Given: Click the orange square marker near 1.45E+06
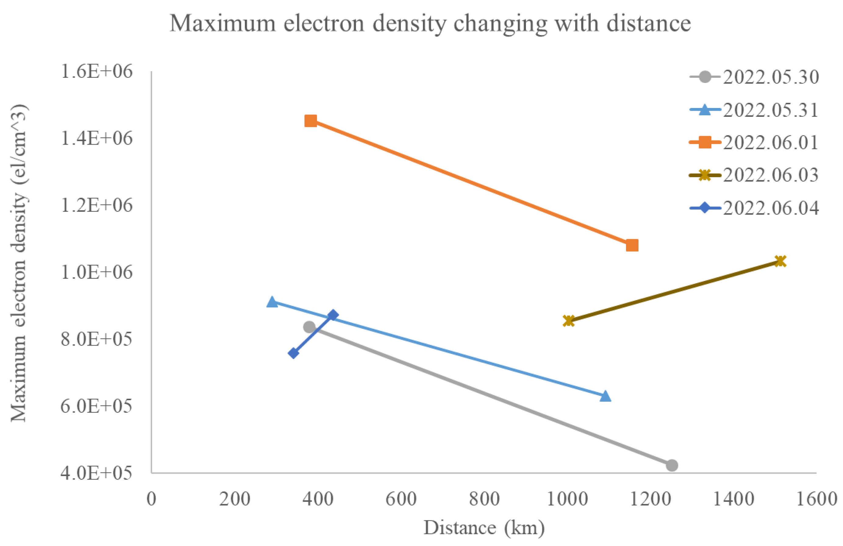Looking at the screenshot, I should click(x=311, y=121).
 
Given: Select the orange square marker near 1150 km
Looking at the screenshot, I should click(x=632, y=245).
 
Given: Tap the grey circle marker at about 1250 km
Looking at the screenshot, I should click(x=672, y=465).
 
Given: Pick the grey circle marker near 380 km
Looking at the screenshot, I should click(x=309, y=327).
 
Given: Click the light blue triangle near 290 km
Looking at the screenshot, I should click(x=272, y=302).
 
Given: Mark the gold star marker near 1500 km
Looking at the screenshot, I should click(x=780, y=261).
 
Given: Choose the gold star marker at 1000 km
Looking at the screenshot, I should click(x=569, y=321).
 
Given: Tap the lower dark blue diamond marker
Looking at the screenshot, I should click(x=293, y=353).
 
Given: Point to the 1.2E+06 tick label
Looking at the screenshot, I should click(x=97, y=205).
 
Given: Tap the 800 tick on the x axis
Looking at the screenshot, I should click(x=484, y=499).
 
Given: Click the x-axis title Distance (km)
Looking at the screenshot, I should click(x=484, y=528).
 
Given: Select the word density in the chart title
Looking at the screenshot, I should click(x=410, y=24).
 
